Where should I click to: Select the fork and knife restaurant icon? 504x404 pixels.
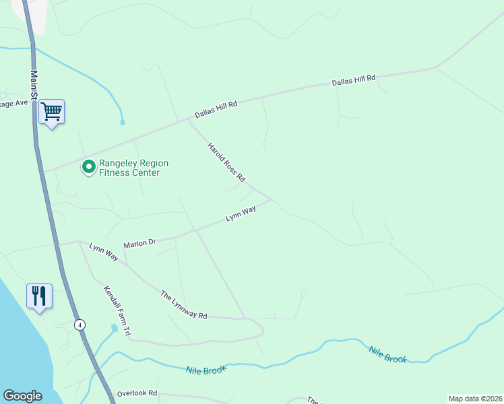point(39,296)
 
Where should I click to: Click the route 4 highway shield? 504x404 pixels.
point(80,324)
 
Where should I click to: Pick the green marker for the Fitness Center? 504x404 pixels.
point(88,166)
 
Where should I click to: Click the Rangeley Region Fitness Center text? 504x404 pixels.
point(133,168)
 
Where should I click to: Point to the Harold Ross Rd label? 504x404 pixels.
point(226,162)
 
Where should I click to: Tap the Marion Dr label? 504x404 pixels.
point(139,242)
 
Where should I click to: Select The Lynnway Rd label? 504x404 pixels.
point(183,304)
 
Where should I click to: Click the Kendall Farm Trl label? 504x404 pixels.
point(116,310)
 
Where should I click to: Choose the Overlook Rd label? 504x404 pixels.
point(137,393)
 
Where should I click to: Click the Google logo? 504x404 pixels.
point(22,396)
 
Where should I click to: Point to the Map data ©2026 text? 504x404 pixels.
point(475,399)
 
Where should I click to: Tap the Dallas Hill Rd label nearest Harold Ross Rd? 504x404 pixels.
point(216,110)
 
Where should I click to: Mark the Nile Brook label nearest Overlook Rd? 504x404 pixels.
point(206,369)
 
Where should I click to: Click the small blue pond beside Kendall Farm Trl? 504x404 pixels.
point(113,329)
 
